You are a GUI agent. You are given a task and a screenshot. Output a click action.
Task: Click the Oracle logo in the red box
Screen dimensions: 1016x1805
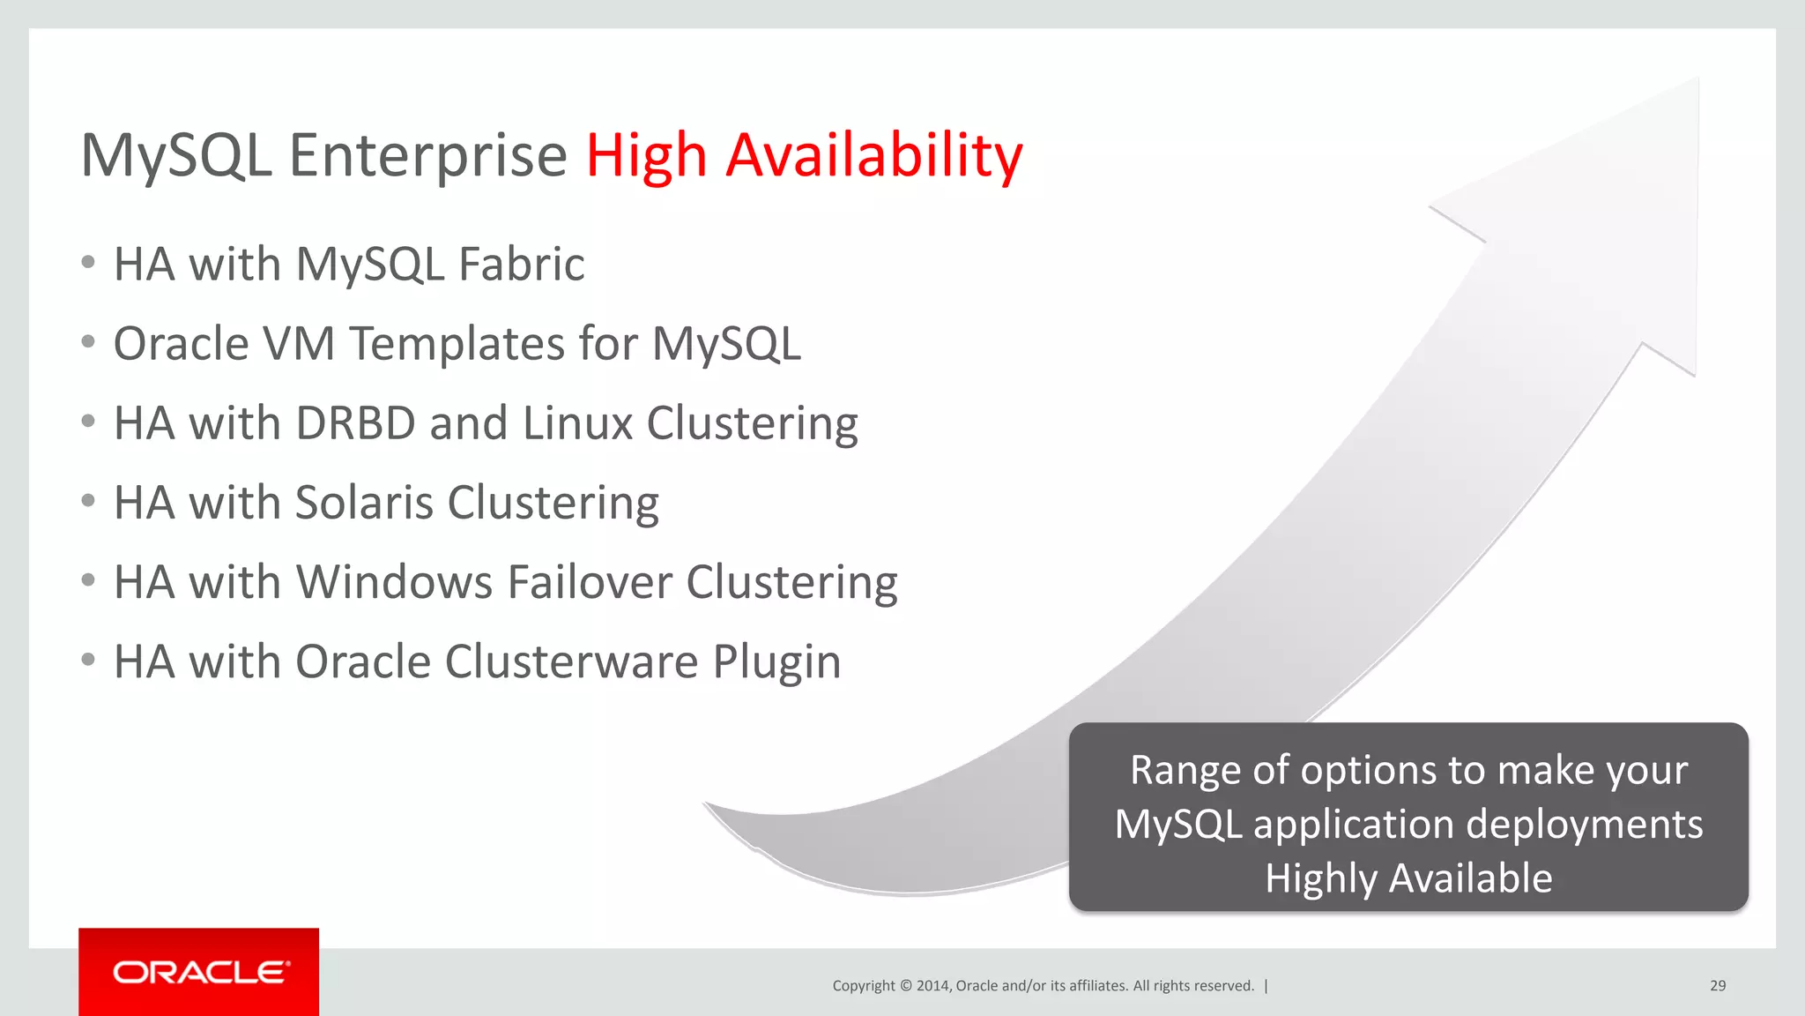coord(200,972)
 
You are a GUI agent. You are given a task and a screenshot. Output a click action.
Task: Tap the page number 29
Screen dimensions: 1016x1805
coord(1717,986)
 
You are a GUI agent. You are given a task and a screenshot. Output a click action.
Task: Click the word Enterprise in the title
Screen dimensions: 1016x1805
coord(427,155)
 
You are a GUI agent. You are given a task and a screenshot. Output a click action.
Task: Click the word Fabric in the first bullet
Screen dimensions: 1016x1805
coord(521,265)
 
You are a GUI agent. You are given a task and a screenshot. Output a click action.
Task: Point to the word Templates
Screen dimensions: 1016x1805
coord(457,344)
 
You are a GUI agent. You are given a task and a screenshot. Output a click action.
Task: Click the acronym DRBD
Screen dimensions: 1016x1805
coord(355,423)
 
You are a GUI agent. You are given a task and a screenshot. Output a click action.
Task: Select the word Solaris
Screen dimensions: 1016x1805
coord(363,503)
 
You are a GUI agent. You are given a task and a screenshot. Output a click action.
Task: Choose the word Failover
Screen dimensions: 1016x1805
coord(590,582)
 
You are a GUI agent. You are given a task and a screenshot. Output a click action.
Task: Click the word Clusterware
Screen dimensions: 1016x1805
coord(571,661)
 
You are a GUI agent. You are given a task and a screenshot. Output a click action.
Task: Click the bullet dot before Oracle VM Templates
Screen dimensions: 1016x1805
coord(87,342)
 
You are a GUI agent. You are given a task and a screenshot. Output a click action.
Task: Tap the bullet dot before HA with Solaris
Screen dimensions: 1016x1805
coord(87,501)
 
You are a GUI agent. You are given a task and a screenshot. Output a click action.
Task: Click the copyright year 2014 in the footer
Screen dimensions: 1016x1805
coord(932,986)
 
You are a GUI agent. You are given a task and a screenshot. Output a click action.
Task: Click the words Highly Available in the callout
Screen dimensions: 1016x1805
coord(1408,878)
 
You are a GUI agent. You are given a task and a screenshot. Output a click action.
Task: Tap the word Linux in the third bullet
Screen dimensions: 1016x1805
coord(577,423)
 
